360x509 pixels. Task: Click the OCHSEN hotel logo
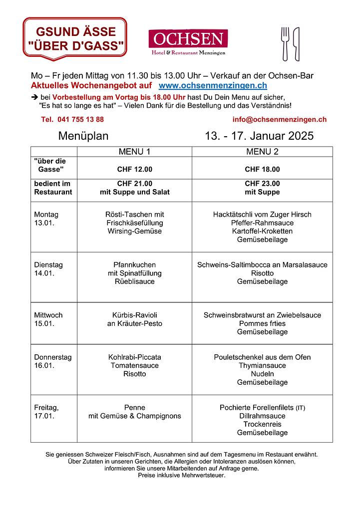tap(188, 42)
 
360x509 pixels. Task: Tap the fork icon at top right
tap(285, 43)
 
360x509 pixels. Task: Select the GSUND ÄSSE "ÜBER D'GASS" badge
tap(75, 38)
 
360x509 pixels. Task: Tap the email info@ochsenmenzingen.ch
tap(279, 119)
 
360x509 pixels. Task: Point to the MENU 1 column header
tap(134, 152)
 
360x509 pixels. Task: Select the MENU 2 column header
tap(262, 152)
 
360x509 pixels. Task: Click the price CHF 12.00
tap(134, 169)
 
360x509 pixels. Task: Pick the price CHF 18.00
tap(262, 169)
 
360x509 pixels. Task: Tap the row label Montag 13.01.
tap(46, 219)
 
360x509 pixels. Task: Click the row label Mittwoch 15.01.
tap(48, 319)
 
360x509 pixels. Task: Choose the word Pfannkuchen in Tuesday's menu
tap(134, 264)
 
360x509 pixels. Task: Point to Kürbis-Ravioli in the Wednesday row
tap(134, 315)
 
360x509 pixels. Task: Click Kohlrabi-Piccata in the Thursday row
tap(134, 357)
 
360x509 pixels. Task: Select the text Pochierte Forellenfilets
tap(257, 407)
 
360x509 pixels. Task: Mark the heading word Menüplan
tap(83, 136)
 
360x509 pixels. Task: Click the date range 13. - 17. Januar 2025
tap(259, 136)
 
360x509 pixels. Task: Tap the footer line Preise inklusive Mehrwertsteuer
tap(182, 476)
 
